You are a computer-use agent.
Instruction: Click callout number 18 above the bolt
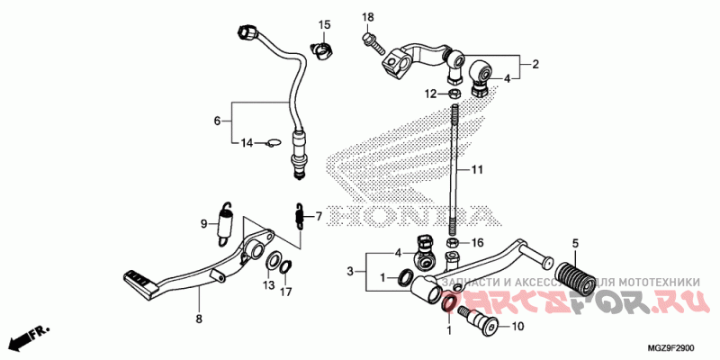pos(367,18)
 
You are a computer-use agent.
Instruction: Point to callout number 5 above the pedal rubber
pos(574,243)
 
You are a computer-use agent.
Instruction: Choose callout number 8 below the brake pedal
pos(200,319)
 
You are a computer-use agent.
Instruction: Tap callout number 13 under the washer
pos(267,285)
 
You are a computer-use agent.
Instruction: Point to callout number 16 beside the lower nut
pos(478,243)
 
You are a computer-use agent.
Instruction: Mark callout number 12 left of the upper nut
pos(431,93)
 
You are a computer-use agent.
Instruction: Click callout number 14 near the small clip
pos(244,142)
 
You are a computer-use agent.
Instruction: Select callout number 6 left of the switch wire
pos(216,121)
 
